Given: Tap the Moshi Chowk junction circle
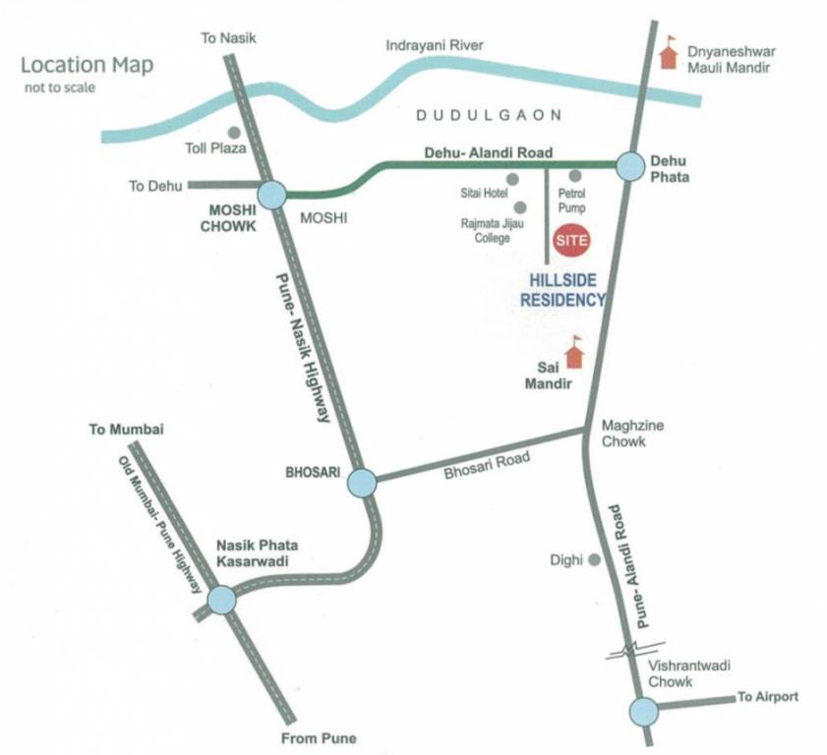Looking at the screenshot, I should click(271, 195).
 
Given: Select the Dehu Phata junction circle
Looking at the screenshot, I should click(629, 166).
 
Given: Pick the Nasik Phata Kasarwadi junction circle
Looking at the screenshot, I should click(221, 598).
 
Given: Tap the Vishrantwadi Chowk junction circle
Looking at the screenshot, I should click(643, 709).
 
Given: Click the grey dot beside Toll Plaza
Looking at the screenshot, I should click(234, 132).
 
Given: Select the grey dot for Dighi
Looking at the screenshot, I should click(594, 559).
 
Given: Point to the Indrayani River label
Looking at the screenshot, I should click(435, 45).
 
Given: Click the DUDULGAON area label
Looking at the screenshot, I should click(489, 115).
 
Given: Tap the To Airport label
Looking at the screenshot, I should click(768, 697).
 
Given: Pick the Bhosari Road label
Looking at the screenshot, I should click(486, 464).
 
